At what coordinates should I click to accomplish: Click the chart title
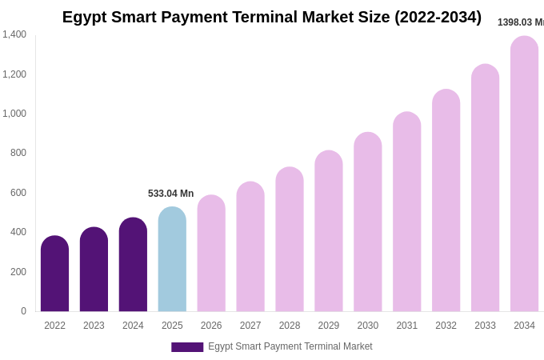[272, 17]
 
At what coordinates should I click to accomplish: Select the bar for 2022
[54, 274]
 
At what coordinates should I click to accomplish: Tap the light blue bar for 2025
[172, 259]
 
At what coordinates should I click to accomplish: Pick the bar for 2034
[524, 174]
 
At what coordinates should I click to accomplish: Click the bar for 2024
[133, 265]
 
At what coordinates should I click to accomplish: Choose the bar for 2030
[368, 222]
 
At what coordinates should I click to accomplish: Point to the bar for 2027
[250, 246]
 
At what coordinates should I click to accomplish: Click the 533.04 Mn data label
[170, 194]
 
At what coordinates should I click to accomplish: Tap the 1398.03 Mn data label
[520, 22]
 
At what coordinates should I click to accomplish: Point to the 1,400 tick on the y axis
[14, 34]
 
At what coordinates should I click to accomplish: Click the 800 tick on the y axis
[18, 153]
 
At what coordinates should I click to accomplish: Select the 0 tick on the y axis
[23, 311]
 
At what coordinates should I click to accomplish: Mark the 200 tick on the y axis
[18, 272]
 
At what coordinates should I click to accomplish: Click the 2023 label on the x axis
[94, 326]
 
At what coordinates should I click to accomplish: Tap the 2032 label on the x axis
[446, 326]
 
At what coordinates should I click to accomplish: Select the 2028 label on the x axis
[290, 326]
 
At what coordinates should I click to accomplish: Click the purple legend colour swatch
[187, 347]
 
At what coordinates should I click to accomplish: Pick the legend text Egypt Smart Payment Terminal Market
[290, 346]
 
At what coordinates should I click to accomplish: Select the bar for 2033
[485, 188]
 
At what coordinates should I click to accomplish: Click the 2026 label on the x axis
[211, 326]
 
